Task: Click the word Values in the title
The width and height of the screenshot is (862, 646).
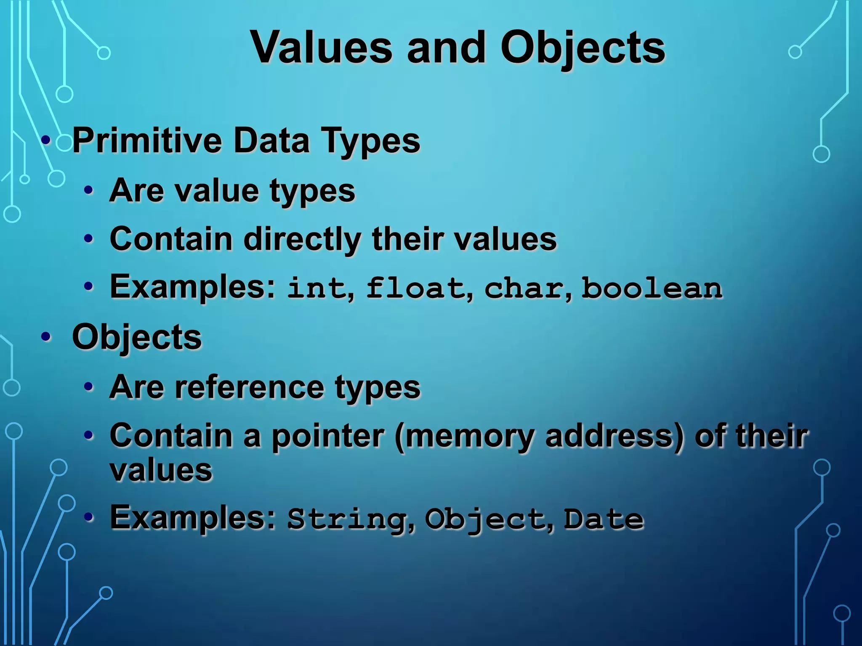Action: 322,47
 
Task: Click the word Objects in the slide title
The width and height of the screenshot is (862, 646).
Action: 583,47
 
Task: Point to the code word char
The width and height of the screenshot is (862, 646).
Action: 524,289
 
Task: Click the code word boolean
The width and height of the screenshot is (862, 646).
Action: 652,289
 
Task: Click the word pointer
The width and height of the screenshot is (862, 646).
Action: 328,436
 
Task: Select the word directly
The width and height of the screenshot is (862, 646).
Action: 302,239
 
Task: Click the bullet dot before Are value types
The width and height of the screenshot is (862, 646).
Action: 88,191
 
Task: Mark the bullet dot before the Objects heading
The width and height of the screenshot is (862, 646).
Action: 46,337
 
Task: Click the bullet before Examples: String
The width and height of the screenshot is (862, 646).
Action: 88,518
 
